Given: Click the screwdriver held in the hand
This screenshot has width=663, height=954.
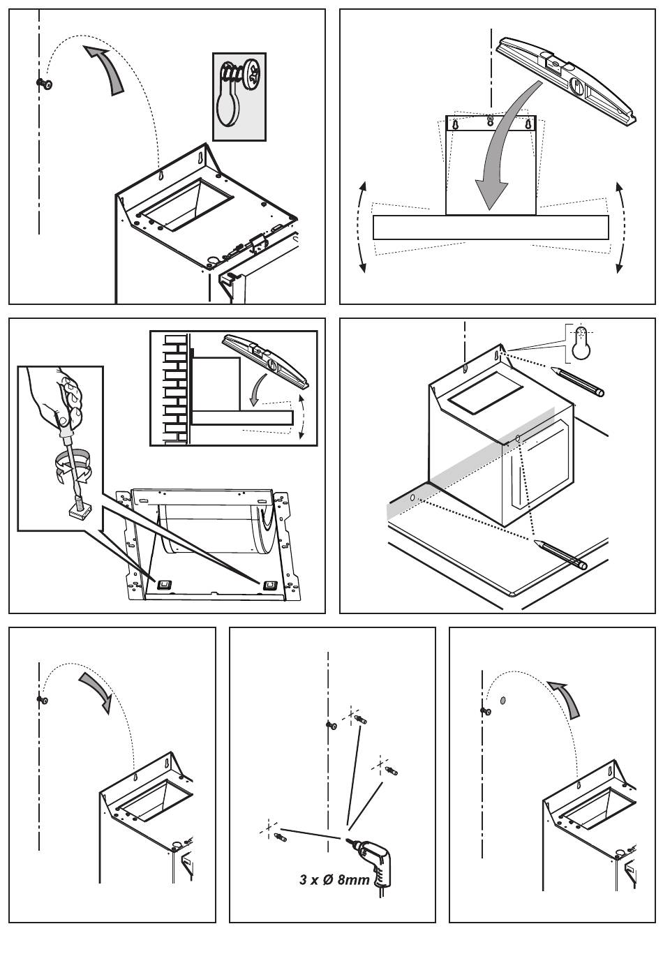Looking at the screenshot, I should pyautogui.click(x=70, y=453).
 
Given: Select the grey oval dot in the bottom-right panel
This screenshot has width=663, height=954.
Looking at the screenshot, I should pyautogui.click(x=504, y=699).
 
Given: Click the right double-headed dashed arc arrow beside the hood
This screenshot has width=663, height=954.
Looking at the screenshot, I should pyautogui.click(x=620, y=226).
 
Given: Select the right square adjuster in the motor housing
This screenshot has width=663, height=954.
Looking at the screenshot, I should pyautogui.click(x=268, y=584).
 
